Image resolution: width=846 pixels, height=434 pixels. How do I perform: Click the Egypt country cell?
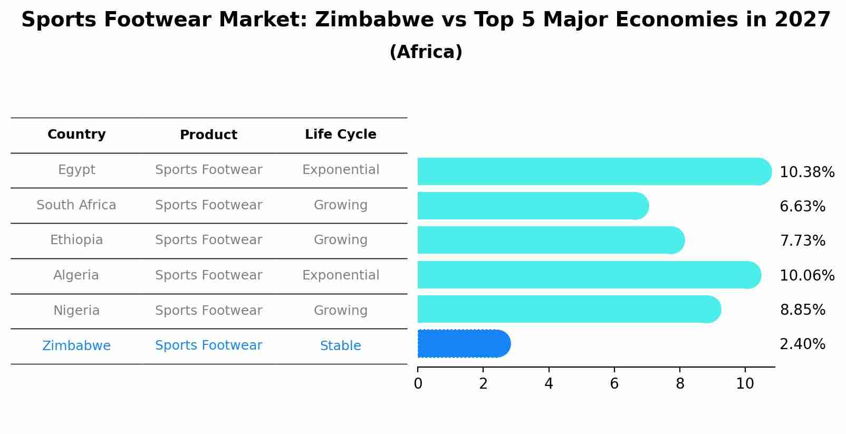point(76,170)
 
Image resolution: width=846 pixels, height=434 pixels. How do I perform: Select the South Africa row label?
point(76,205)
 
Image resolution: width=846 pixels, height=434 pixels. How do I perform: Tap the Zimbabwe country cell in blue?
point(76,346)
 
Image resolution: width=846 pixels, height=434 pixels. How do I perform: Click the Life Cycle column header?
point(340,134)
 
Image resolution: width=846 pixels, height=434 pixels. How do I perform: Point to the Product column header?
point(208,135)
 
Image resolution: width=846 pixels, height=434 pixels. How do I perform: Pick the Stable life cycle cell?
point(340,346)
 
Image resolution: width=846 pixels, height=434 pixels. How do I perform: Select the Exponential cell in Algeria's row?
point(340,275)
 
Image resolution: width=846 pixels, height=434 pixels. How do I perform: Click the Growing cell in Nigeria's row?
point(340,311)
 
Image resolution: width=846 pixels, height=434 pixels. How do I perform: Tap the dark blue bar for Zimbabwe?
point(463,344)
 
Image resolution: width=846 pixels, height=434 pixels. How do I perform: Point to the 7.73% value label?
point(802,241)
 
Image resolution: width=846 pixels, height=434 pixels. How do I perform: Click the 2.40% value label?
point(802,344)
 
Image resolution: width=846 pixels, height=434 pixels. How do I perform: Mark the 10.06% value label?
point(806,276)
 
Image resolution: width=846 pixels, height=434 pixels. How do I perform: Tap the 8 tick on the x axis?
point(680,384)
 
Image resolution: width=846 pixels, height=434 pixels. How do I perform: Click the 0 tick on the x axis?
point(418,384)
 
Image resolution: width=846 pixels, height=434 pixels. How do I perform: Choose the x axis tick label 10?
point(745,384)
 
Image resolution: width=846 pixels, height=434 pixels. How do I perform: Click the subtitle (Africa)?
point(426,52)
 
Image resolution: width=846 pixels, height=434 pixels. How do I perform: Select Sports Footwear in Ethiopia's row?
point(208,240)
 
